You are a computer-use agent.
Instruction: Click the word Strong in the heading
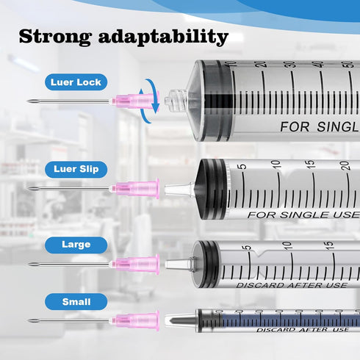tap(55, 37)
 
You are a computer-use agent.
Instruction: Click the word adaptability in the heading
tap(163, 37)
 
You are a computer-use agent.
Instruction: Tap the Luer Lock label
tap(76, 82)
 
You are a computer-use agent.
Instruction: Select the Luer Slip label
tap(76, 169)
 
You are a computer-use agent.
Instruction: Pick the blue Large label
tap(76, 245)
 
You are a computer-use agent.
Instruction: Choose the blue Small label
tap(76, 302)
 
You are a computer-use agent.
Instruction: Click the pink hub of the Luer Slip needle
tap(135, 188)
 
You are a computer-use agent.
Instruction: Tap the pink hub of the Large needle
tap(135, 264)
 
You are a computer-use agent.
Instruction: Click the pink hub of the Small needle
tap(135, 320)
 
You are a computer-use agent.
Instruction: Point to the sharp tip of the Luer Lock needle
tap(28, 101)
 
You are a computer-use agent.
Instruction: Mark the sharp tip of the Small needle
tap(28, 320)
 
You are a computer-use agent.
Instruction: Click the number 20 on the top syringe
tap(262, 64)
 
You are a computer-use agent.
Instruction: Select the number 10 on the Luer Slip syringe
tap(277, 164)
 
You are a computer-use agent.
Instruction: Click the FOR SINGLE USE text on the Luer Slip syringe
tap(303, 215)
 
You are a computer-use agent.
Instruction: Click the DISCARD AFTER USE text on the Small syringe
tap(302, 330)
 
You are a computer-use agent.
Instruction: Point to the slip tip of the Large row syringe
tap(178, 264)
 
